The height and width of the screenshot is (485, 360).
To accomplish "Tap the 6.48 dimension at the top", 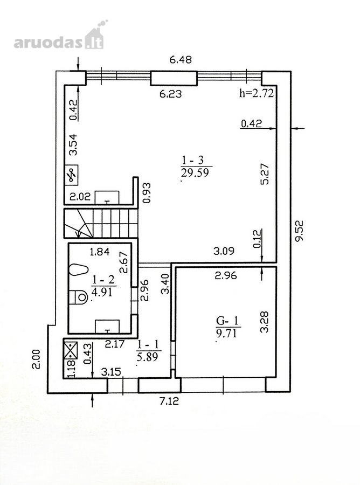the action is point(181,59).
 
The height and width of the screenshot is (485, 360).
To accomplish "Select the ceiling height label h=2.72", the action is point(257,93).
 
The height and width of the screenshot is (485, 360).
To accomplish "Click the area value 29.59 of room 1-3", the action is point(195,172).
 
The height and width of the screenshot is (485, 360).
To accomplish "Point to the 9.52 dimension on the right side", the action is point(299,231).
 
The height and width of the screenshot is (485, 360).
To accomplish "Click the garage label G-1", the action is point(228,321).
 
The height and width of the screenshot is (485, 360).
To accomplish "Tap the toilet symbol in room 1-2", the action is point(79,297).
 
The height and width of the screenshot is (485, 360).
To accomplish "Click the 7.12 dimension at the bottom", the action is point(169,401).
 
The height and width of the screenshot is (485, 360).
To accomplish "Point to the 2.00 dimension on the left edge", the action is point(36,359).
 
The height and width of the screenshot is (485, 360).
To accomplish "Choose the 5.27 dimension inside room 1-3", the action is point(265,174).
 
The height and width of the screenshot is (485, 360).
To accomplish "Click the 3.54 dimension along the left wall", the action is point(73,144).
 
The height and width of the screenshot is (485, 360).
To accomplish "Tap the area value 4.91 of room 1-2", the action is point(102,292).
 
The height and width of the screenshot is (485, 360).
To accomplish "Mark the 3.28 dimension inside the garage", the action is point(265,322).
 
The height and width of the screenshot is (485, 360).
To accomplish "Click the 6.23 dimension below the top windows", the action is point(170,93).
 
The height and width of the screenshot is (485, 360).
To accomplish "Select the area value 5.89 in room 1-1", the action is point(147,357).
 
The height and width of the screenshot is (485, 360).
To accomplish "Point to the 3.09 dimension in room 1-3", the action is point(224,251).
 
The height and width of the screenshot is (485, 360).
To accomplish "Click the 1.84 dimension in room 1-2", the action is point(100,252).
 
